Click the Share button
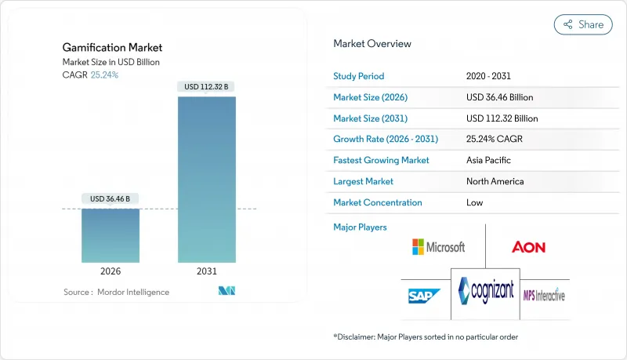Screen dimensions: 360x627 [583, 24]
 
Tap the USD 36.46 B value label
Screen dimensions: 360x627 [111, 199]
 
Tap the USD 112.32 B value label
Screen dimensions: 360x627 [207, 86]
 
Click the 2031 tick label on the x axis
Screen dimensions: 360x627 [207, 271]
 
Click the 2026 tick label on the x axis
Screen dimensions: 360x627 [111, 271]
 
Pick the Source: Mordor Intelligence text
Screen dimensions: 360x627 [116, 292]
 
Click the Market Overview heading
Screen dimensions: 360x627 [372, 44]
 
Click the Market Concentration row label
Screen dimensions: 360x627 [378, 202]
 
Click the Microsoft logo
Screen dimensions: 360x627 [438, 247]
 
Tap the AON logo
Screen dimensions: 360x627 [528, 247]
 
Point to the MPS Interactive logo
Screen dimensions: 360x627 [544, 295]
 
